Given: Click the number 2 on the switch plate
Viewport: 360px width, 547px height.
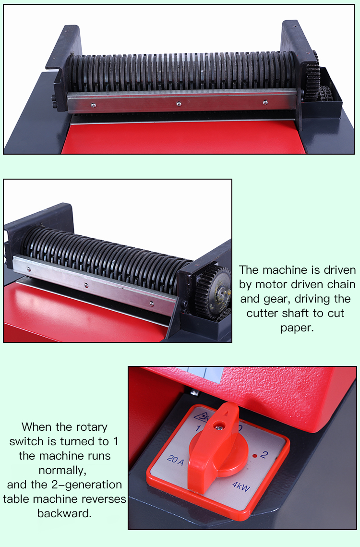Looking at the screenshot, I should [263, 454].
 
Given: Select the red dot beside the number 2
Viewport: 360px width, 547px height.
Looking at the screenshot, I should [254, 454].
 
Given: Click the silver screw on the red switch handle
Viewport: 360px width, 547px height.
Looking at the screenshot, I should [220, 425].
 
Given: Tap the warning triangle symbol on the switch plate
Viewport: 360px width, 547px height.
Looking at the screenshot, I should [198, 413].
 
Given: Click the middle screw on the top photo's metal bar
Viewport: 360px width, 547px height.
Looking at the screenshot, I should [179, 103].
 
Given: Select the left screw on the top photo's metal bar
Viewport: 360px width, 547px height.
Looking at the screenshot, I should [93, 104].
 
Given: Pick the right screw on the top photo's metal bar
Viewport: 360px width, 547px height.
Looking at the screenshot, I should [264, 102].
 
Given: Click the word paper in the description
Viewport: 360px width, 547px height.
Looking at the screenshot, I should [296, 328].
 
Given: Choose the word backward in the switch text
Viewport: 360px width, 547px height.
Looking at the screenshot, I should [64, 513].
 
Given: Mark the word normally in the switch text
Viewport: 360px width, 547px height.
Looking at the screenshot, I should [64, 470].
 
